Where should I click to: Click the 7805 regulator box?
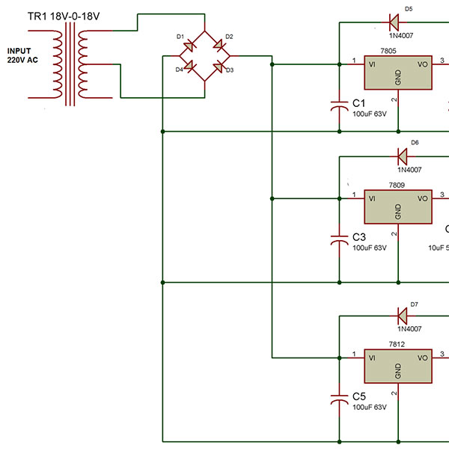(397, 77)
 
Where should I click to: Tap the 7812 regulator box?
(397, 367)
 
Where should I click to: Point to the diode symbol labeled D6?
(401, 156)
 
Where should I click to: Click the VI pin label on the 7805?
(372, 64)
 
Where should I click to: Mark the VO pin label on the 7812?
(423, 358)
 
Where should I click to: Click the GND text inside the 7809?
(397, 211)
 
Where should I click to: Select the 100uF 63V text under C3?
(369, 248)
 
